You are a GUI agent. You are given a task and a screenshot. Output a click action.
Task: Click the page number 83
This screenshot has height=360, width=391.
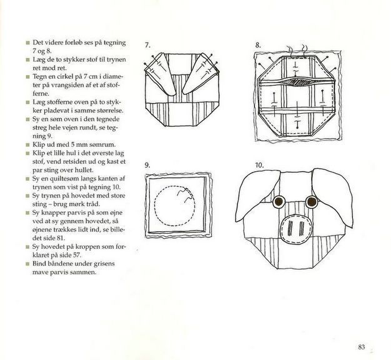point(361,347)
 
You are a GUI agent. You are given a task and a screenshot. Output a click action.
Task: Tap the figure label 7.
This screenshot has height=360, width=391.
point(147,45)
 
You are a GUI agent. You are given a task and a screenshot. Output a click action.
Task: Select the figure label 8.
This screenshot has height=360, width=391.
point(258,46)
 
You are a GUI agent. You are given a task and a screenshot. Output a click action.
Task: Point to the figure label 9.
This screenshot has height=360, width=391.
point(147,165)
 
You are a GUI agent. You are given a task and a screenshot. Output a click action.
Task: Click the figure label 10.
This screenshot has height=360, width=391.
point(259,165)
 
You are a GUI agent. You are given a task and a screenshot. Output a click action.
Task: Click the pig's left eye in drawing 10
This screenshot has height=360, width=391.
point(279,201)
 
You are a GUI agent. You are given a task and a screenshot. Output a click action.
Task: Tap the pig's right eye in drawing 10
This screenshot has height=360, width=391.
point(312,201)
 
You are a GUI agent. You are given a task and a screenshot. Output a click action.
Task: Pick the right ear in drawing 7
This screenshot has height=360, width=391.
point(201,74)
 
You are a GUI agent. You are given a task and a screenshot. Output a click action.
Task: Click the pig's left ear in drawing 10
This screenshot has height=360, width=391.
point(257,194)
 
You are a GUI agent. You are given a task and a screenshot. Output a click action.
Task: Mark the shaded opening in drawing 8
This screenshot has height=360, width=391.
point(296,82)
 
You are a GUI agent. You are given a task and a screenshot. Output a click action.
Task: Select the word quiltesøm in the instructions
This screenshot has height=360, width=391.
point(60,179)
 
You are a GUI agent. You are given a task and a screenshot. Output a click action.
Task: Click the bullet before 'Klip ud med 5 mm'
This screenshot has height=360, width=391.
point(27,145)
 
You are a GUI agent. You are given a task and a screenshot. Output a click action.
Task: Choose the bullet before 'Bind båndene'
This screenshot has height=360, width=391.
point(27,264)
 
